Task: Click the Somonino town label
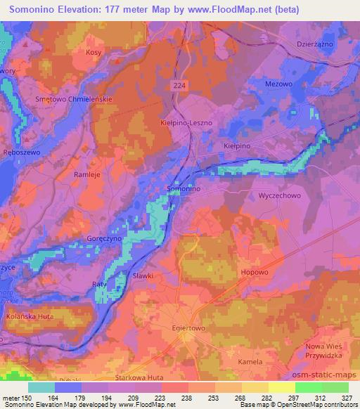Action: pyautogui.click(x=185, y=189)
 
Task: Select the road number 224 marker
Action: pyautogui.click(x=183, y=84)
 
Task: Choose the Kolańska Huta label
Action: pyautogui.click(x=30, y=316)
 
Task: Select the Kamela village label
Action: pyautogui.click(x=270, y=361)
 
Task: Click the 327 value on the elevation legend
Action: pyautogui.click(x=347, y=398)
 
